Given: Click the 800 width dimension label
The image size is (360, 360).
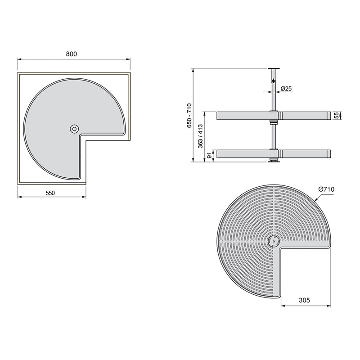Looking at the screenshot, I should [72, 54].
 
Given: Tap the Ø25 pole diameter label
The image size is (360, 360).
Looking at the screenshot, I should [286, 89].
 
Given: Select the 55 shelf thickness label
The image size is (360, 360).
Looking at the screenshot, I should [336, 116].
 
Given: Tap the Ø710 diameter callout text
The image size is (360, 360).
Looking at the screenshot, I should [326, 189].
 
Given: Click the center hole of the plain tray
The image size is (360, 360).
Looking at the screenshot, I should [74, 129].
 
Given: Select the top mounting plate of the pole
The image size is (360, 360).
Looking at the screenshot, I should [272, 68].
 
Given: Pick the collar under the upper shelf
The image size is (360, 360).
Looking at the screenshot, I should [272, 122].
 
